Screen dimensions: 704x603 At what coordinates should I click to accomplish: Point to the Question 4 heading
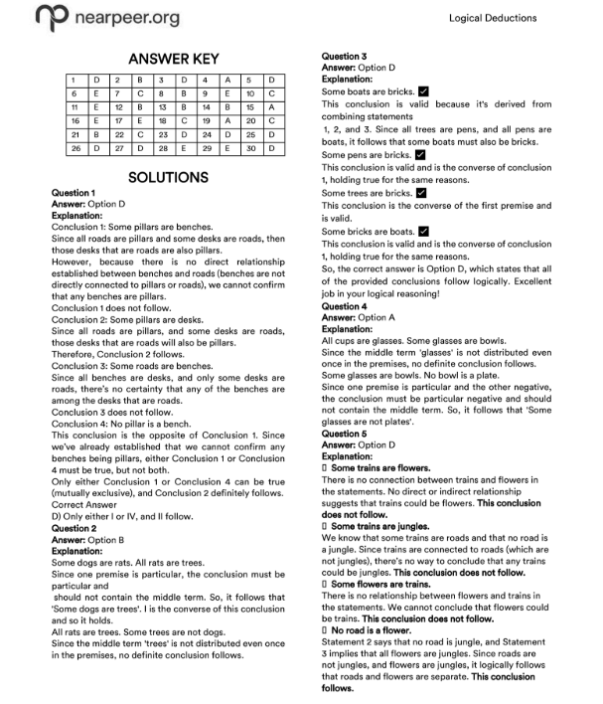(x=345, y=307)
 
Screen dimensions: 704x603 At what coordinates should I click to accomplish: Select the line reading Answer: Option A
(x=358, y=317)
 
